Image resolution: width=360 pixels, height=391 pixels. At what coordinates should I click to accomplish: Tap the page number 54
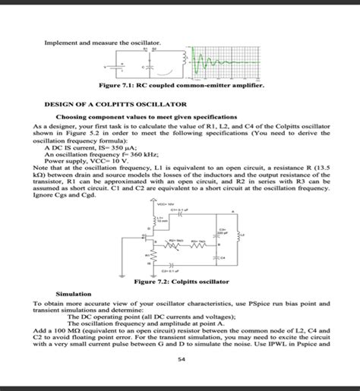tap(180, 358)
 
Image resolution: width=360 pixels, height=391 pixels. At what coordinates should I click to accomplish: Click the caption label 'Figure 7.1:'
tap(108, 86)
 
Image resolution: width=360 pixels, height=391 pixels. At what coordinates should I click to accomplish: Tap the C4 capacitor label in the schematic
tap(223, 257)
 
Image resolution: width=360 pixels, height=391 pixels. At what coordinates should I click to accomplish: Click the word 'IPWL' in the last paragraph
tap(294, 342)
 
